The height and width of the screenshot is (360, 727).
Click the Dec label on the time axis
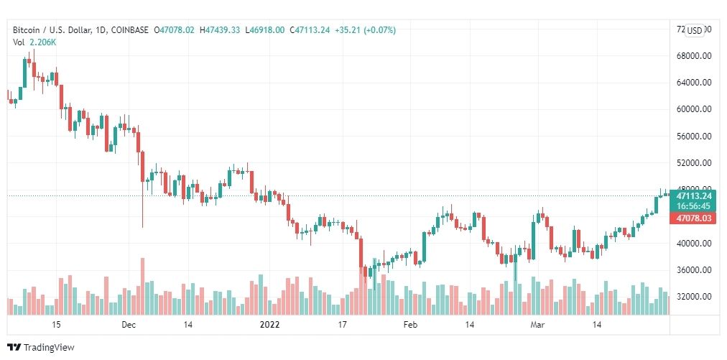click(x=129, y=325)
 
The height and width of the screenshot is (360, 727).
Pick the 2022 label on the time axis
click(x=269, y=325)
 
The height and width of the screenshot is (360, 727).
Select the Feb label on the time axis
click(x=410, y=325)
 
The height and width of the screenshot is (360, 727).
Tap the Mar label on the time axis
click(x=536, y=325)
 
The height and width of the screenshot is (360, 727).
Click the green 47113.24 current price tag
click(x=693, y=195)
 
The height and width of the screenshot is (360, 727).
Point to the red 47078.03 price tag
click(x=693, y=218)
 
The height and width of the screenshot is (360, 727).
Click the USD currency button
click(x=695, y=30)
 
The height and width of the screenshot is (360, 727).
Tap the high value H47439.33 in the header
click(x=221, y=30)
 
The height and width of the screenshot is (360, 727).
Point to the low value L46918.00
click(x=265, y=30)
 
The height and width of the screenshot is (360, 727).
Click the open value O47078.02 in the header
click(x=175, y=30)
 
